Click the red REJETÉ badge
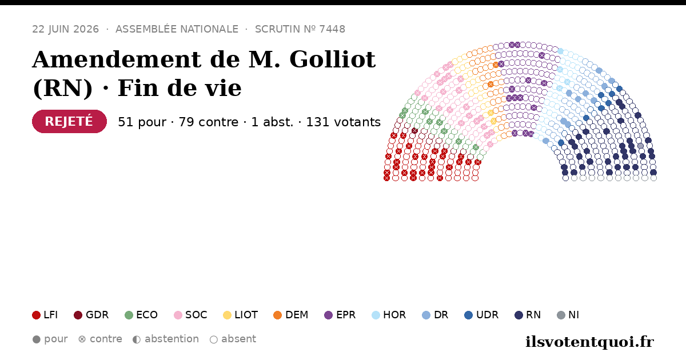[69, 122]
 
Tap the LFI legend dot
[36, 315]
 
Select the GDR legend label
[97, 315]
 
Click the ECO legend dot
[129, 315]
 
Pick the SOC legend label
[196, 315]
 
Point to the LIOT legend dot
[228, 315]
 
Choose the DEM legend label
[297, 315]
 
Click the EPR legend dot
[328, 315]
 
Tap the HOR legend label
[394, 315]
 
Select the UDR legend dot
[469, 315]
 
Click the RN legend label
[533, 315]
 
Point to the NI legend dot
[561, 315]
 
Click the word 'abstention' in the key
[172, 339]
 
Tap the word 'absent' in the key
[238, 339]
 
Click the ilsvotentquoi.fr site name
[589, 342]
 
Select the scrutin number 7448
[332, 29]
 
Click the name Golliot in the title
[332, 59]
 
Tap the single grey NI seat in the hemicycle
[641, 146]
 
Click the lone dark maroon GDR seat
[414, 131]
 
